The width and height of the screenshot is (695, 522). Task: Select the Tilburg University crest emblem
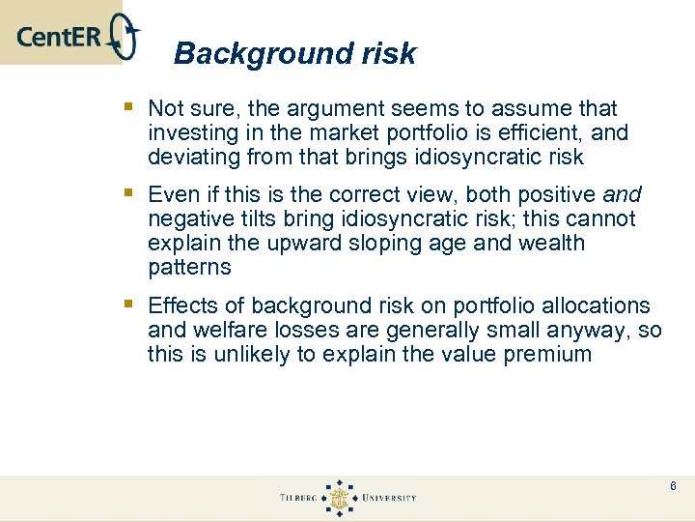(339, 498)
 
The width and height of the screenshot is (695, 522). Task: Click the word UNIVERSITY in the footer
(388, 498)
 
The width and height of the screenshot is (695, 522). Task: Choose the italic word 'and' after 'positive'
(621, 194)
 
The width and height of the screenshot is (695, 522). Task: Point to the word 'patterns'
(188, 267)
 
